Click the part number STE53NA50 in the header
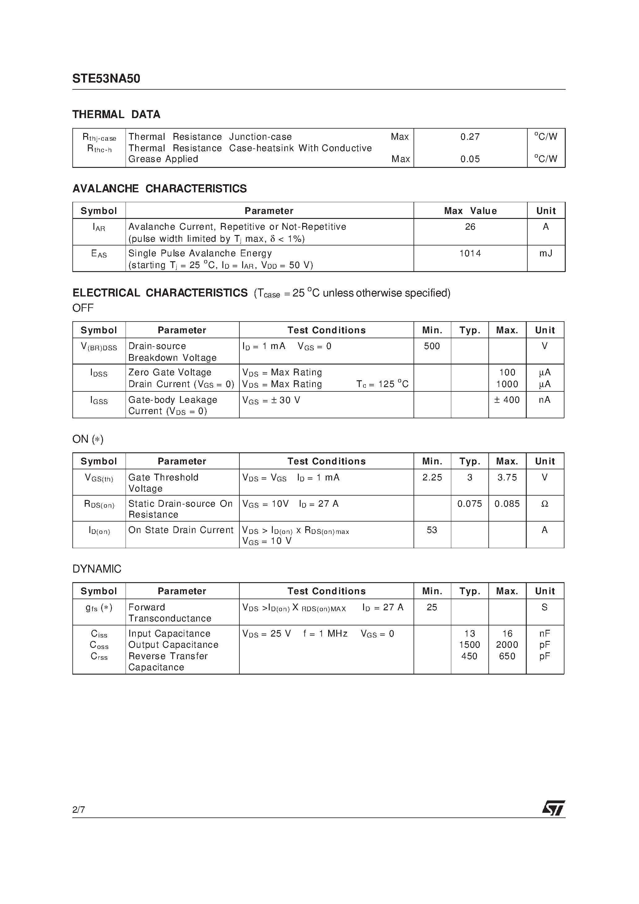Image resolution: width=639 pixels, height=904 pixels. pyautogui.click(x=106, y=79)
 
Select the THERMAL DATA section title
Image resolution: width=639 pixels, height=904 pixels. pyautogui.click(x=116, y=115)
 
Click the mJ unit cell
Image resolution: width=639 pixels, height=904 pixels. pyautogui.click(x=545, y=253)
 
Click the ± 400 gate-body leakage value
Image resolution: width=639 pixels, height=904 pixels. pyautogui.click(x=507, y=400)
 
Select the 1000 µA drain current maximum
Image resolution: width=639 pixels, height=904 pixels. pyautogui.click(x=507, y=384)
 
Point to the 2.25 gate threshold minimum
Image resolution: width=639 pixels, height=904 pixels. pyautogui.click(x=432, y=477)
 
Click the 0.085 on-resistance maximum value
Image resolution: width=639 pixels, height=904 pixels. pyautogui.click(x=507, y=504)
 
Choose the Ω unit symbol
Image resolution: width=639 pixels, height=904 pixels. pyautogui.click(x=544, y=504)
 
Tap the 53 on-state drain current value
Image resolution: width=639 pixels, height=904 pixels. pyautogui.click(x=431, y=530)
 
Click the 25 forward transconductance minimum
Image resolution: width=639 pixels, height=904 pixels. pyautogui.click(x=431, y=607)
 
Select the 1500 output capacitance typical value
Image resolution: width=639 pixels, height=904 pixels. pyautogui.click(x=469, y=645)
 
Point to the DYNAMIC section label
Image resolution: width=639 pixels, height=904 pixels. pyautogui.click(x=96, y=569)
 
